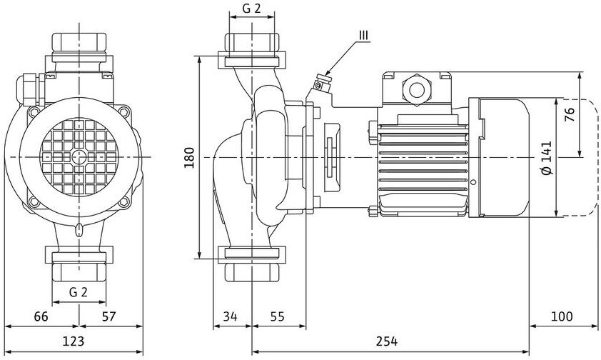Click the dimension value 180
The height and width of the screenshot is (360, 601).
point(188,157)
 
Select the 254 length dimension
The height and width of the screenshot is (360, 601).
point(387,341)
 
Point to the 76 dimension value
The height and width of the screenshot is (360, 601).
point(569,114)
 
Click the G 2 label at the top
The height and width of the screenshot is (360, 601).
point(251,9)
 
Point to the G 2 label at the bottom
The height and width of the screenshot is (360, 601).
point(78,292)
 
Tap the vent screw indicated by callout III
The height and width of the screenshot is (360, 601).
point(318,86)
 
